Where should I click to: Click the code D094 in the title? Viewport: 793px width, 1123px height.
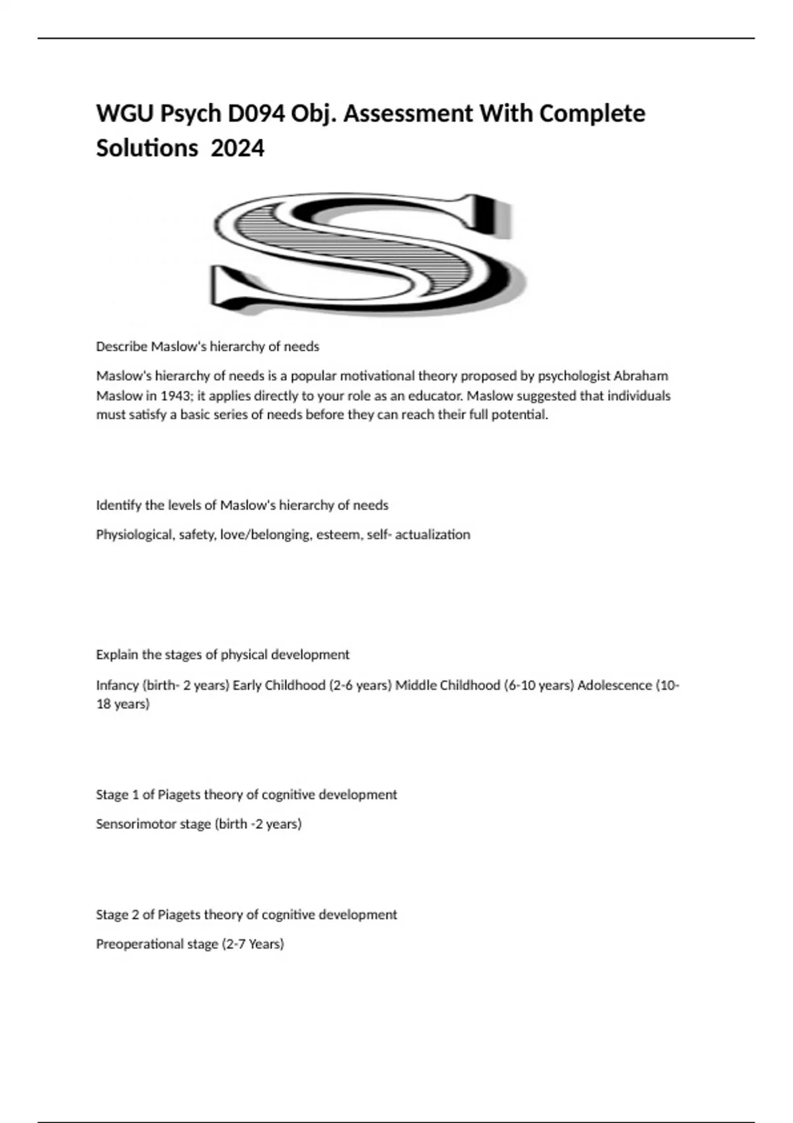click(257, 114)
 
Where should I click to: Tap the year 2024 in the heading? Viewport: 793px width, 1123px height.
click(237, 148)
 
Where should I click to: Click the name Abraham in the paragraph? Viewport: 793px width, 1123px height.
click(640, 376)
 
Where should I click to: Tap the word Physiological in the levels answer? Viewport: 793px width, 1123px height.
click(135, 534)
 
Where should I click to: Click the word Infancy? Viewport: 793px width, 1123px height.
click(117, 685)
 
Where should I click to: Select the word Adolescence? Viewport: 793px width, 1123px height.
click(615, 685)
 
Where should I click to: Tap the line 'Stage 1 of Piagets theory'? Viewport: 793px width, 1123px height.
click(246, 794)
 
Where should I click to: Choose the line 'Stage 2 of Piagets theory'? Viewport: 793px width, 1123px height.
click(246, 914)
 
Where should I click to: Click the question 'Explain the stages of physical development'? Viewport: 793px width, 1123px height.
click(223, 655)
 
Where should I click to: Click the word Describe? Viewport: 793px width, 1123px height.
click(122, 346)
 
